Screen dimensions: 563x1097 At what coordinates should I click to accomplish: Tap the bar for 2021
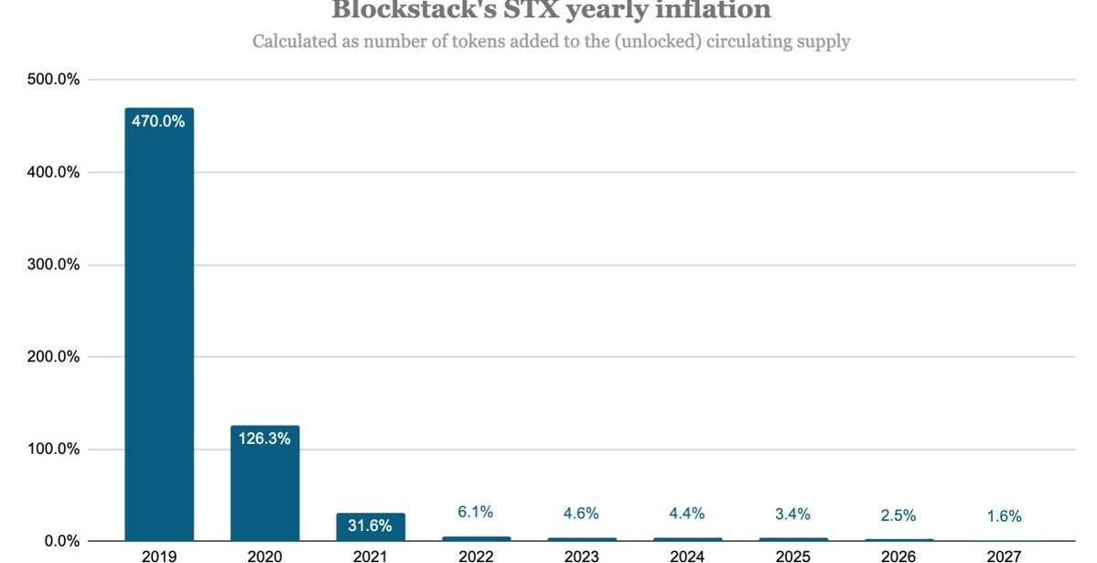pos(370,528)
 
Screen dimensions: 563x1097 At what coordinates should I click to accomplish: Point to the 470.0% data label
pos(159,121)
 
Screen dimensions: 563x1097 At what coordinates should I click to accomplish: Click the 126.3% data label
pos(264,438)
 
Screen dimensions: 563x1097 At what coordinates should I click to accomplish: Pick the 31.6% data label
pos(370,525)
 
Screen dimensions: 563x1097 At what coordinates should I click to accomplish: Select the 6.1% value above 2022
pos(476,513)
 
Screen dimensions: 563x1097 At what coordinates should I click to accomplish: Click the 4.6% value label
pos(581,514)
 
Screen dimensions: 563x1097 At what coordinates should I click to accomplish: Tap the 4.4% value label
pos(686,514)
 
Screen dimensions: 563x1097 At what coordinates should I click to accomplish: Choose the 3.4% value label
pos(792,514)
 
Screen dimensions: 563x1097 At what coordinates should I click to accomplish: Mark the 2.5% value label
pos(898,515)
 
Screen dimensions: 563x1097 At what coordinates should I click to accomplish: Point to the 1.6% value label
pos(1004,516)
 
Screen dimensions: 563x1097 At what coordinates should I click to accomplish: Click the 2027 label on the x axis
pos(1004,556)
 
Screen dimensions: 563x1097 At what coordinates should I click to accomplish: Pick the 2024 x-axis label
pos(686,556)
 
